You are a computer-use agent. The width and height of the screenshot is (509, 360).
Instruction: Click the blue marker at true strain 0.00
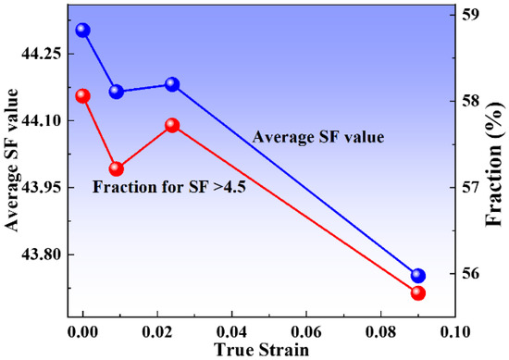[x=83, y=30]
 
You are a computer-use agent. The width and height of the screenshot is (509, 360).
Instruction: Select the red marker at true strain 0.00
[x=83, y=96]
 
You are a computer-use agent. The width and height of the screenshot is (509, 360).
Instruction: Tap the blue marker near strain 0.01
[x=117, y=92]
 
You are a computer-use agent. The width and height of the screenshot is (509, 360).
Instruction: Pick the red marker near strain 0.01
[x=117, y=168]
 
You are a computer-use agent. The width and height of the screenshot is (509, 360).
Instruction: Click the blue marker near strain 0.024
[x=172, y=84]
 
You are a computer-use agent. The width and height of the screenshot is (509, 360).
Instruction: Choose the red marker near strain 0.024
[x=172, y=125]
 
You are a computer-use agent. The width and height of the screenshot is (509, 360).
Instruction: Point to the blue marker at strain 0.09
[x=417, y=276]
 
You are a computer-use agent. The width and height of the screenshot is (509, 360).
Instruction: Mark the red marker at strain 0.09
[x=417, y=293]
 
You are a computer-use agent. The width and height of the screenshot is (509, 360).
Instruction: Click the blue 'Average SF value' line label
[x=318, y=138]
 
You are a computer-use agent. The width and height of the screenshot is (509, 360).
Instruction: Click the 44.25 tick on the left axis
[x=39, y=54]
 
